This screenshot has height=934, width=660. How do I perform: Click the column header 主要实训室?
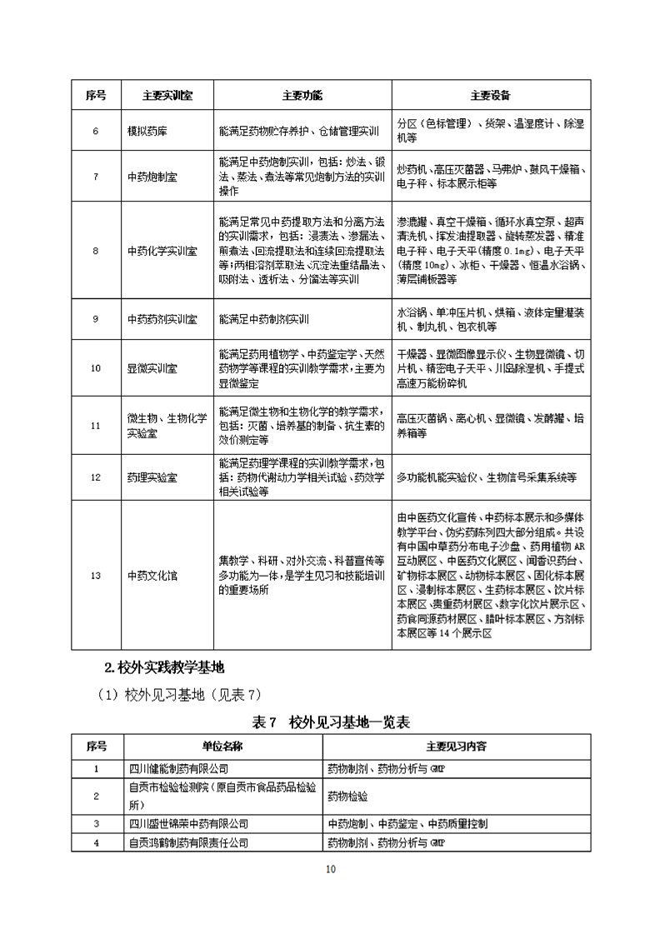[167, 95]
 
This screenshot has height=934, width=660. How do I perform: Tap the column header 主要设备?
[490, 95]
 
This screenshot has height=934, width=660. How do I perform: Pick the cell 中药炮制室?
[152, 177]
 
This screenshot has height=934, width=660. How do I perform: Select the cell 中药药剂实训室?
[162, 319]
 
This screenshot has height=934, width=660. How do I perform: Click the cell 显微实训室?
[152, 367]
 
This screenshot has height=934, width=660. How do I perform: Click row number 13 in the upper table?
[95, 575]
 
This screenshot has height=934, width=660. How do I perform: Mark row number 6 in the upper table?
[95, 132]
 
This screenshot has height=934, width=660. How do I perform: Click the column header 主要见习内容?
[456, 747]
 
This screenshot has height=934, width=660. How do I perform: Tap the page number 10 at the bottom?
[330, 869]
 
